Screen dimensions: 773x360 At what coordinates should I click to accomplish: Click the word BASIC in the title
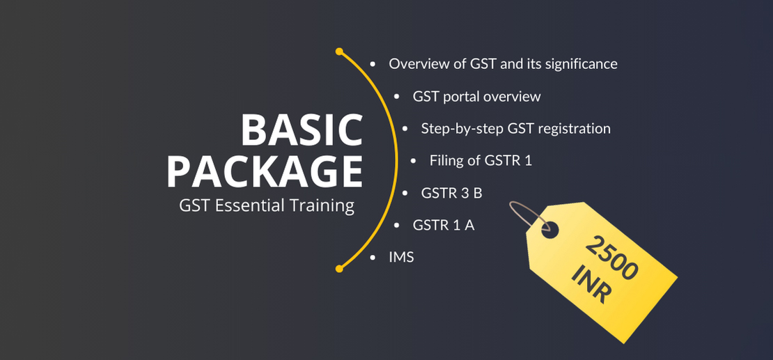click(x=302, y=130)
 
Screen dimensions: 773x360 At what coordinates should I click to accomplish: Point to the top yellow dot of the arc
click(x=339, y=52)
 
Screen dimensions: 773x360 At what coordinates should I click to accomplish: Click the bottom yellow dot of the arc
click(x=339, y=269)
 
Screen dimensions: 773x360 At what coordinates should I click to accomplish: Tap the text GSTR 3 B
click(x=451, y=194)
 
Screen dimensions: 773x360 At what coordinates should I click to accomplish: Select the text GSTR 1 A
click(x=444, y=226)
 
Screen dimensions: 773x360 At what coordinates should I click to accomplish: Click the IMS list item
click(x=401, y=258)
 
